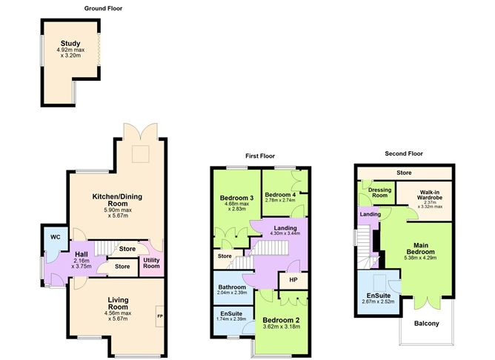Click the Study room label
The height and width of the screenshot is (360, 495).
pyautogui.click(x=70, y=44)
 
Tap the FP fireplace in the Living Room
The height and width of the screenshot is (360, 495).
pyautogui.click(x=160, y=316)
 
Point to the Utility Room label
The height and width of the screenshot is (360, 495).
pyautogui.click(x=151, y=263)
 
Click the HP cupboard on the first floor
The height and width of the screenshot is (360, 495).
pyautogui.click(x=293, y=280)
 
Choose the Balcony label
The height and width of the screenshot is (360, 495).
pyautogui.click(x=427, y=324)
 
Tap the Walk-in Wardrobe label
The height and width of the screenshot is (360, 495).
pyautogui.click(x=430, y=195)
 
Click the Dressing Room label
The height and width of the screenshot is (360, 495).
pyautogui.click(x=380, y=193)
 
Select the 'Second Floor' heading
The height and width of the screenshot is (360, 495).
pyautogui.click(x=404, y=153)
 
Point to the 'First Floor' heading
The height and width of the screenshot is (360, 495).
pyautogui.click(x=260, y=156)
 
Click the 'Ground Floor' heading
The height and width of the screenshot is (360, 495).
pyautogui.click(x=103, y=9)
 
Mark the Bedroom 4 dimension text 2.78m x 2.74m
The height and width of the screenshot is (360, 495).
pyautogui.click(x=280, y=200)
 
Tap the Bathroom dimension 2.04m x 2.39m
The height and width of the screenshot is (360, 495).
pyautogui.click(x=232, y=293)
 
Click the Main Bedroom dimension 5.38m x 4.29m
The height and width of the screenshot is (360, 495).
pyautogui.click(x=420, y=258)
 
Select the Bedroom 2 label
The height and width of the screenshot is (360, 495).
pyautogui.click(x=281, y=320)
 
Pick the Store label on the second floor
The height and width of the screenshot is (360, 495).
pyautogui.click(x=404, y=173)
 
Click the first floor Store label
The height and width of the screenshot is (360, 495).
pyautogui.click(x=225, y=256)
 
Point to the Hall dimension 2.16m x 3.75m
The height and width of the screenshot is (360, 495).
pyautogui.click(x=82, y=263)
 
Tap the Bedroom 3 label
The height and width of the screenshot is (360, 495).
pyautogui.click(x=237, y=198)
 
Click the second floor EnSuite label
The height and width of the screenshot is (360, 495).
pyautogui.click(x=379, y=296)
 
